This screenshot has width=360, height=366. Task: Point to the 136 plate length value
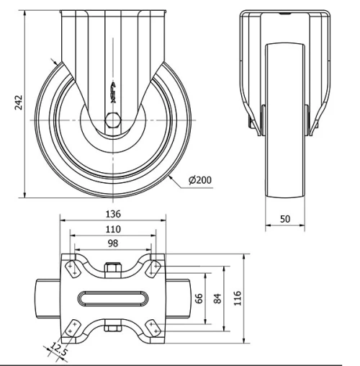click(112, 214)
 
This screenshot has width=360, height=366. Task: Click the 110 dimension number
click(112, 229)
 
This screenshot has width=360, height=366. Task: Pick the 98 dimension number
click(112, 244)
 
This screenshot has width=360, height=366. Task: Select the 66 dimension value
click(199, 298)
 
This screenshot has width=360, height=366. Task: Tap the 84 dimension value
click(215, 298)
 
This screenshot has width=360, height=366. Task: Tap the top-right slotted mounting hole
click(153, 268)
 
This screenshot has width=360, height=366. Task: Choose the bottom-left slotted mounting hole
click(72, 328)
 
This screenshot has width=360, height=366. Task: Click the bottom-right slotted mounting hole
click(153, 328)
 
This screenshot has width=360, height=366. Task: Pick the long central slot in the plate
click(112, 298)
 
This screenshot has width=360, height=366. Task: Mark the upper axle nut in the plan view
click(112, 270)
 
